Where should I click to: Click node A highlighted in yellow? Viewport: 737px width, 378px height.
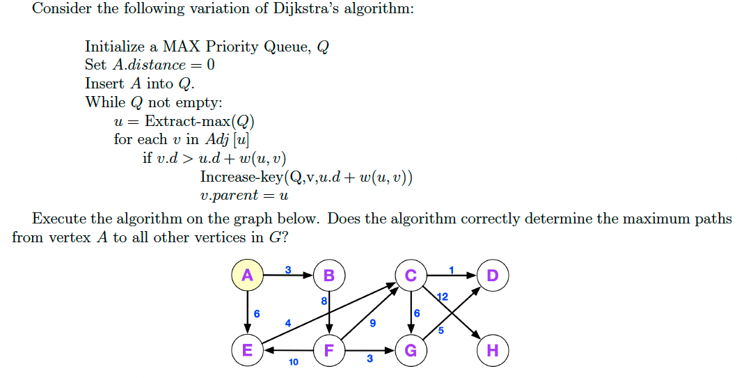point(247,275)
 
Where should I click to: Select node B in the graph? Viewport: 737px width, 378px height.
point(329,275)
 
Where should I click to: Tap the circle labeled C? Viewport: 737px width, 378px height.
point(411,275)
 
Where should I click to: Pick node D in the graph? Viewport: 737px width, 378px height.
point(493,275)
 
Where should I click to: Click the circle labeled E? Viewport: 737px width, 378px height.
point(247,350)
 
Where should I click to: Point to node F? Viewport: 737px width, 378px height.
point(329,350)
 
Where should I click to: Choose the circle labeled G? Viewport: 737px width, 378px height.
point(411,350)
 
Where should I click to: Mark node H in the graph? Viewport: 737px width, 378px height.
point(493,350)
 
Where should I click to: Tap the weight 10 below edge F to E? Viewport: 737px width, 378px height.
point(293,362)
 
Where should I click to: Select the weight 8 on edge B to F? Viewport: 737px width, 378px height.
point(324,301)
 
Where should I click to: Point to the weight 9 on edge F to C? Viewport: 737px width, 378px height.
point(373,322)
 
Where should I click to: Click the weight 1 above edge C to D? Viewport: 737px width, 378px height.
point(451,269)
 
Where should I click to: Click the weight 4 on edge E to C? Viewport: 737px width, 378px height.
point(287,322)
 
